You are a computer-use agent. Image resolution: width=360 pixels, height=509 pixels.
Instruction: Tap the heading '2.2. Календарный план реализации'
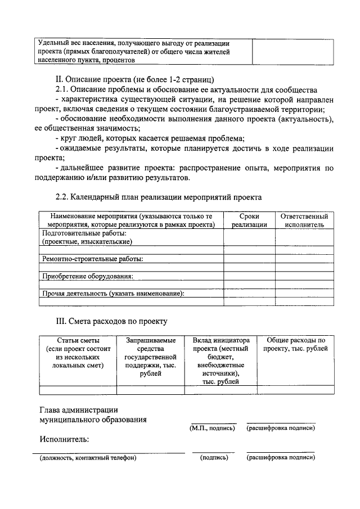pyautogui.click(x=158, y=197)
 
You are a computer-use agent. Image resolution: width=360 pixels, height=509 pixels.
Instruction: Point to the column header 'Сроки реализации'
pyautogui.click(x=249, y=220)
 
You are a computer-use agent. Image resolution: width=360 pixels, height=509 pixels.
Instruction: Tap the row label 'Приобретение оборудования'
pyautogui.click(x=88, y=276)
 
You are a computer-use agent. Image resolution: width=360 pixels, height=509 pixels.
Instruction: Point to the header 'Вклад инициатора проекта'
pyautogui.click(x=220, y=361)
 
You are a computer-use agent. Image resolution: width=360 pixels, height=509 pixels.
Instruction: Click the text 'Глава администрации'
pyautogui.click(x=79, y=409)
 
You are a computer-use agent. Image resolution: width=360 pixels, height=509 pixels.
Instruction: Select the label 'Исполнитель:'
pyautogui.click(x=64, y=439)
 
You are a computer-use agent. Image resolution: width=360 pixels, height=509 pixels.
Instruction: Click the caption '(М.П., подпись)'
pyautogui.click(x=213, y=429)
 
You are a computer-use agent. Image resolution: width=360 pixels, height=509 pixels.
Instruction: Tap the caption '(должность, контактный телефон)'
pyautogui.click(x=88, y=458)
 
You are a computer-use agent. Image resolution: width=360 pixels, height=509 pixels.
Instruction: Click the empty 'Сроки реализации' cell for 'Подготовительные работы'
pyautogui.click(x=249, y=237)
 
